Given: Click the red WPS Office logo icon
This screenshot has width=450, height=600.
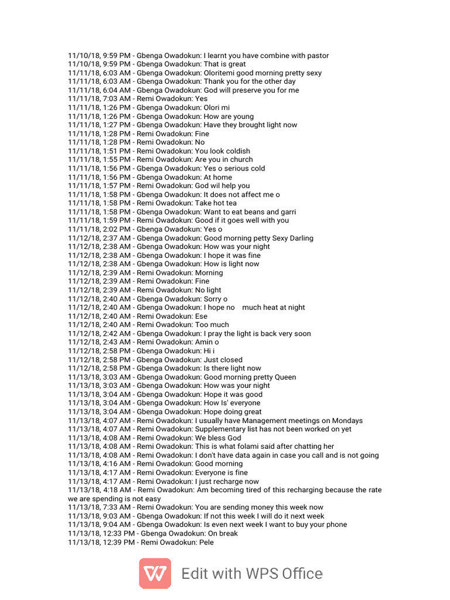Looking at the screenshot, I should (155, 573).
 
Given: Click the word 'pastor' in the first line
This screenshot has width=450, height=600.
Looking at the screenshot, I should (317, 56).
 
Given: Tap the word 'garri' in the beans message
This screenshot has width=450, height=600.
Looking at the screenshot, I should (287, 212).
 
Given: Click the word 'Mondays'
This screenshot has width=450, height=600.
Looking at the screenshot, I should (347, 420).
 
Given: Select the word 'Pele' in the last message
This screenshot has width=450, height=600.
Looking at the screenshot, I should (206, 542).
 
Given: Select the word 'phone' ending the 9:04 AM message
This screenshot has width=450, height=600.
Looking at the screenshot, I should (336, 524).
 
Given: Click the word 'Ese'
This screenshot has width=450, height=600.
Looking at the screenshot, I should (202, 316).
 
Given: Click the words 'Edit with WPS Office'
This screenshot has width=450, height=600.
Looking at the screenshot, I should (252, 573).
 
